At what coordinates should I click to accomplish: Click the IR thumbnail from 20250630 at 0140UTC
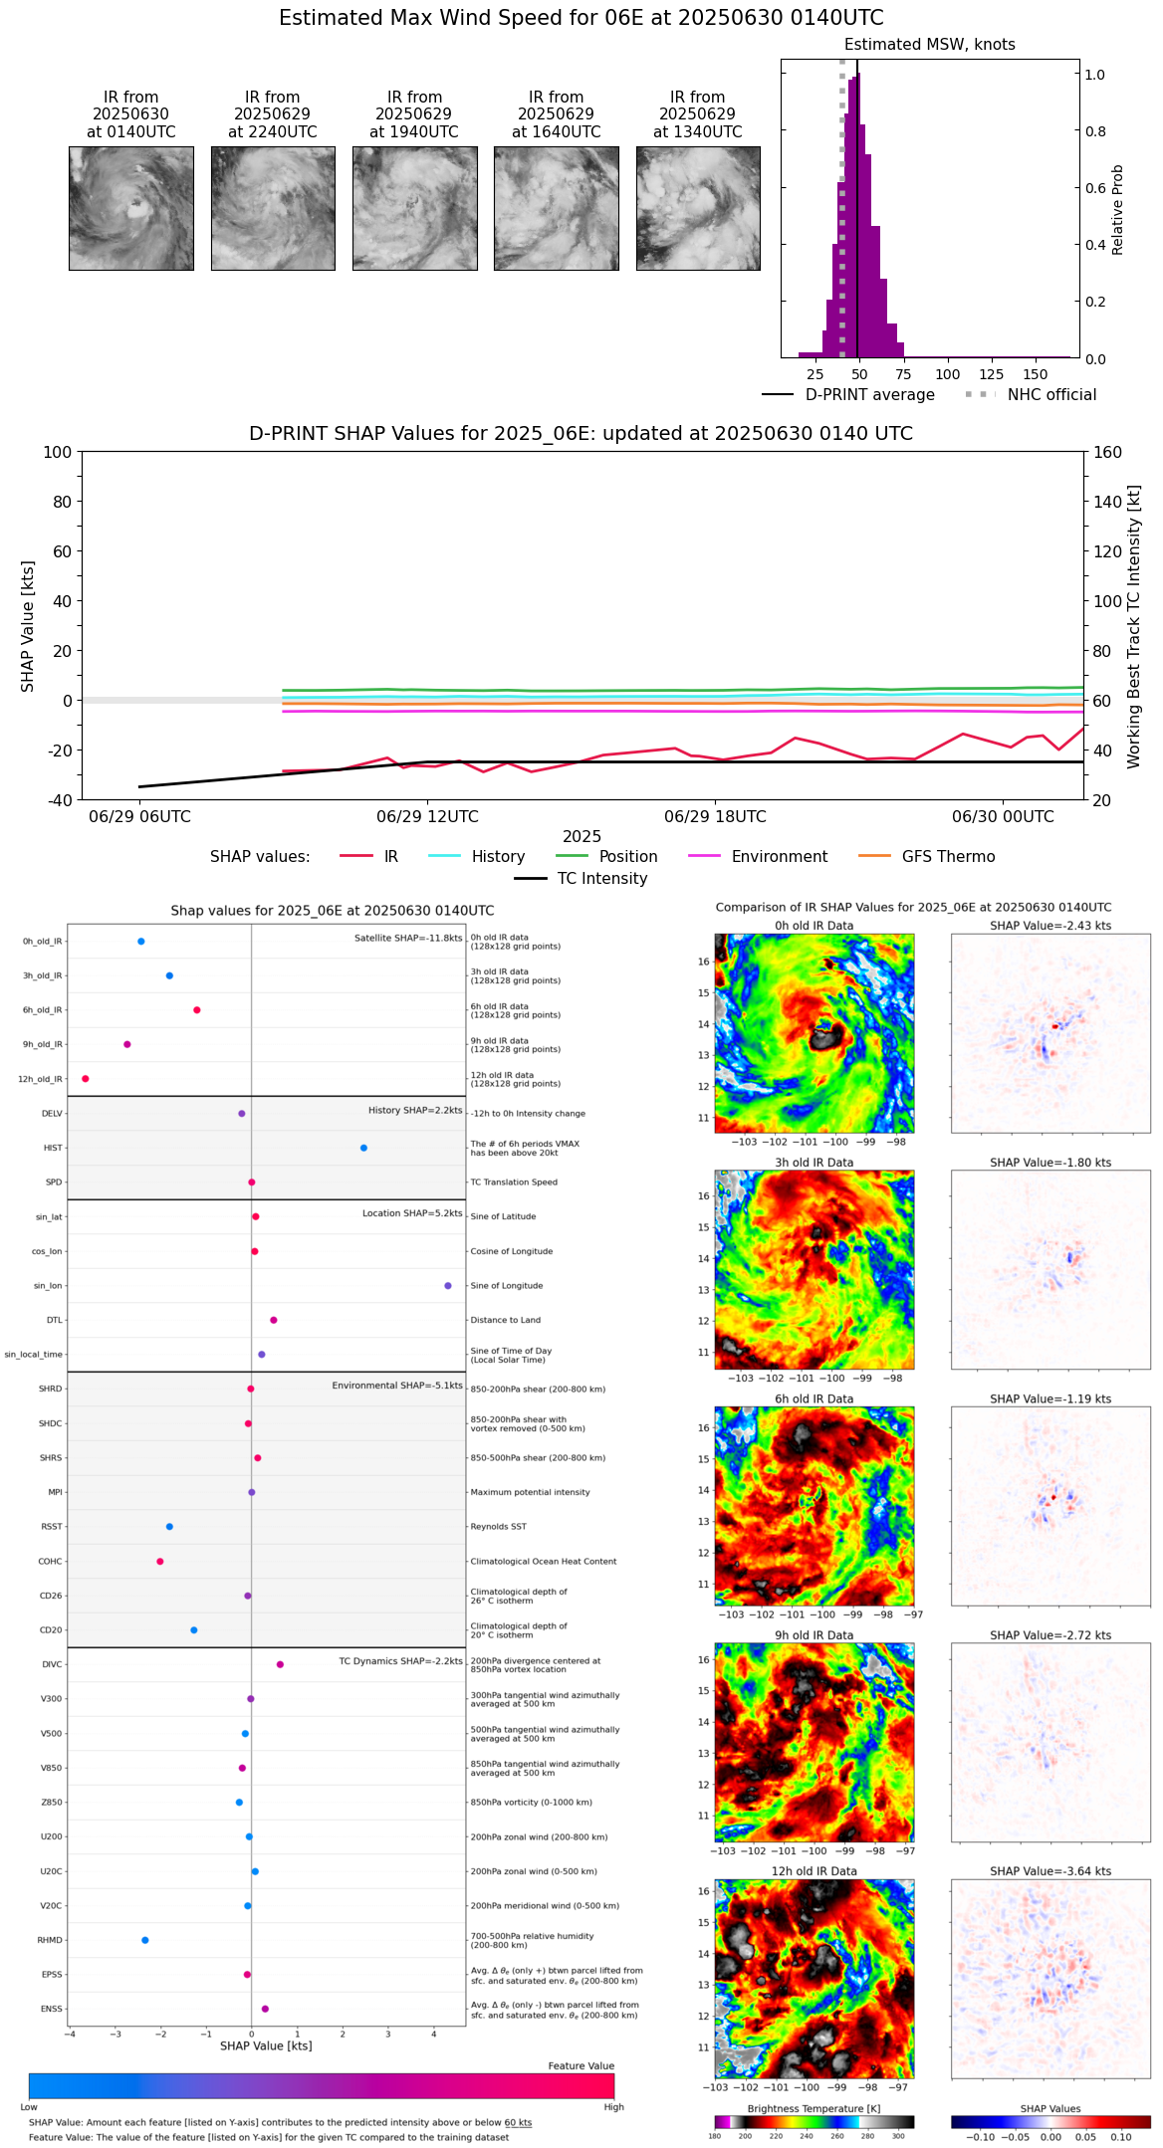pyautogui.click(x=130, y=208)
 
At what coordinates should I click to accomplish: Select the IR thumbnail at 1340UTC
pyautogui.click(x=698, y=208)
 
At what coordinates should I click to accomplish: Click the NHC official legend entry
pyautogui.click(x=1050, y=395)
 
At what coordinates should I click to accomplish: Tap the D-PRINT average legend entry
pyautogui.click(x=869, y=395)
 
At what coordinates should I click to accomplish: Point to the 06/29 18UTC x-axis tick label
pyautogui.click(x=715, y=817)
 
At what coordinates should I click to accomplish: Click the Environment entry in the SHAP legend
pyautogui.click(x=779, y=857)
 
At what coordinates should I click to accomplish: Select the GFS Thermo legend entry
pyautogui.click(x=948, y=857)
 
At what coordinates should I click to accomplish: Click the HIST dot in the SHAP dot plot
pyautogui.click(x=363, y=1148)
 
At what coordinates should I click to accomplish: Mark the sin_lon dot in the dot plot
pyautogui.click(x=448, y=1286)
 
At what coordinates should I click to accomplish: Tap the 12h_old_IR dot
pyautogui.click(x=86, y=1079)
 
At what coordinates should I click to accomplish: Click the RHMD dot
pyautogui.click(x=145, y=1940)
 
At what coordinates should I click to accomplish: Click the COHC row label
pyautogui.click(x=50, y=1562)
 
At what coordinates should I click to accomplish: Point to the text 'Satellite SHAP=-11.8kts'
pyautogui.click(x=408, y=938)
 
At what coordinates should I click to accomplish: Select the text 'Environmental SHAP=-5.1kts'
pyautogui.click(x=397, y=1386)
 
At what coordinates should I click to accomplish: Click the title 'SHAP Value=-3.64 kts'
pyautogui.click(x=1050, y=1871)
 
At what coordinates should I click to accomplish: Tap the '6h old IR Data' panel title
pyautogui.click(x=814, y=1398)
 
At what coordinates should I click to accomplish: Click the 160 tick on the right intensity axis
pyautogui.click(x=1107, y=452)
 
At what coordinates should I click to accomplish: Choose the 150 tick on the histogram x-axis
pyautogui.click(x=1036, y=374)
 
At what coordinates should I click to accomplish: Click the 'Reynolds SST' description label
pyautogui.click(x=498, y=1527)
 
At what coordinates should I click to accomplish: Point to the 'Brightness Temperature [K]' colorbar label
pyautogui.click(x=814, y=2108)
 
